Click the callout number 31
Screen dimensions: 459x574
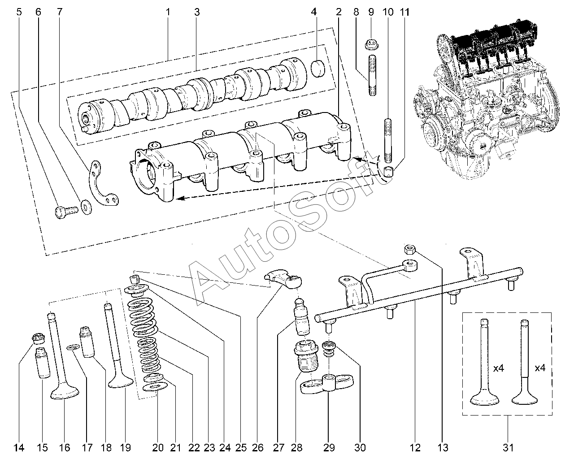click(x=508, y=447)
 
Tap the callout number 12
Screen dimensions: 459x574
click(x=415, y=447)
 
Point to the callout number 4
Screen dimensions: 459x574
click(x=314, y=12)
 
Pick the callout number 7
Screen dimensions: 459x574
click(x=59, y=12)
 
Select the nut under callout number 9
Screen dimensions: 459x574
click(x=371, y=44)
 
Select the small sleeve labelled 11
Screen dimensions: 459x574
click(x=388, y=171)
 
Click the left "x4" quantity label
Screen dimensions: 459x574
click(x=499, y=368)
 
